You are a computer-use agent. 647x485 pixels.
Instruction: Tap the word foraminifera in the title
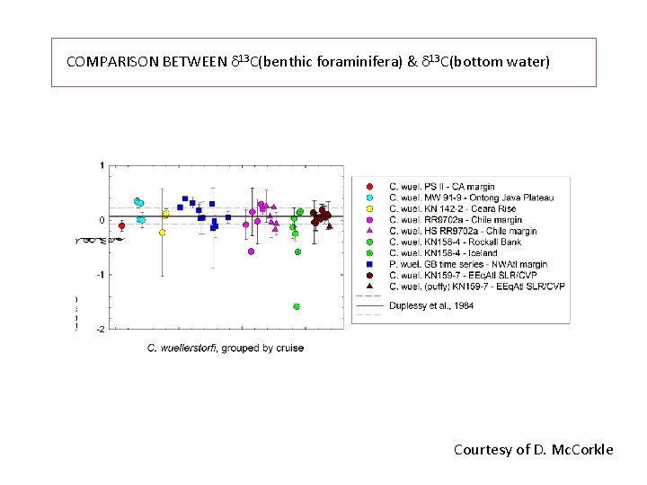pyautogui.click(x=357, y=62)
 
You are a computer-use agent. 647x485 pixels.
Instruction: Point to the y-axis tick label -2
pyautogui.click(x=101, y=330)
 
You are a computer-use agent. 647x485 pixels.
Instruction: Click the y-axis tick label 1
pyautogui.click(x=102, y=165)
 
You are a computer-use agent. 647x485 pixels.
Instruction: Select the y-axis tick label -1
pyautogui.click(x=101, y=275)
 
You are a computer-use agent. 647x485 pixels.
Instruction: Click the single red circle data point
pyautogui.click(x=121, y=225)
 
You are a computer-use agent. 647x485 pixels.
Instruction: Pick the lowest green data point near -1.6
pyautogui.click(x=297, y=306)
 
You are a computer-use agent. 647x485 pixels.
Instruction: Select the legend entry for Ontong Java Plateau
pyautogui.click(x=471, y=198)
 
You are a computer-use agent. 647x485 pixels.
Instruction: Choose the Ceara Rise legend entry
pyautogui.click(x=456, y=208)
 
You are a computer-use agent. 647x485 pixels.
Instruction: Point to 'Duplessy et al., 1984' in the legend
pyautogui.click(x=431, y=305)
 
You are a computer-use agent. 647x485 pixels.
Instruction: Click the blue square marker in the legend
pyautogui.click(x=370, y=265)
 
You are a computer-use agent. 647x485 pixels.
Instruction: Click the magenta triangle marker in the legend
pyautogui.click(x=370, y=231)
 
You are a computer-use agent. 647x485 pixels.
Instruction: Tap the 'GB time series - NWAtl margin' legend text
pyautogui.click(x=468, y=265)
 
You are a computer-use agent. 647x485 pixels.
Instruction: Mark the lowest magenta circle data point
pyautogui.click(x=251, y=251)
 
